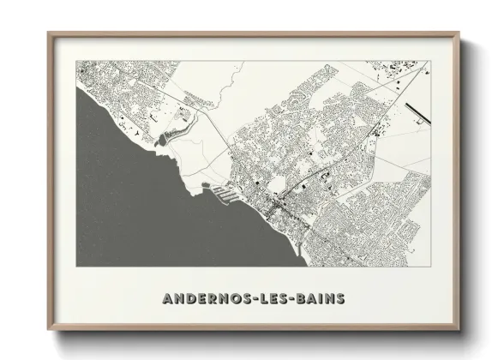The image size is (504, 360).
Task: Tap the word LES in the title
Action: tap(276, 298)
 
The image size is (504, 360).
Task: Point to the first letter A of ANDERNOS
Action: tap(166, 298)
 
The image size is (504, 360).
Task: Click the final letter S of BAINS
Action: tap(341, 298)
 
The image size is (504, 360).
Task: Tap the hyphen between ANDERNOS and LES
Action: tap(256, 298)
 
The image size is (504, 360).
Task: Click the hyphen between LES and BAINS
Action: tap(296, 298)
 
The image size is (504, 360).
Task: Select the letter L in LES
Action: tap(264, 298)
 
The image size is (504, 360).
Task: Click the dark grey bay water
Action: tap(129, 206)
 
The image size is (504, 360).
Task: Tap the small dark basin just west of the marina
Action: tap(205, 186)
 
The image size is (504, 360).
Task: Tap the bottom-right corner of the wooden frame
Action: tap(459, 330)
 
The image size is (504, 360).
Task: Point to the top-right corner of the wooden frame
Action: tap(459, 33)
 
